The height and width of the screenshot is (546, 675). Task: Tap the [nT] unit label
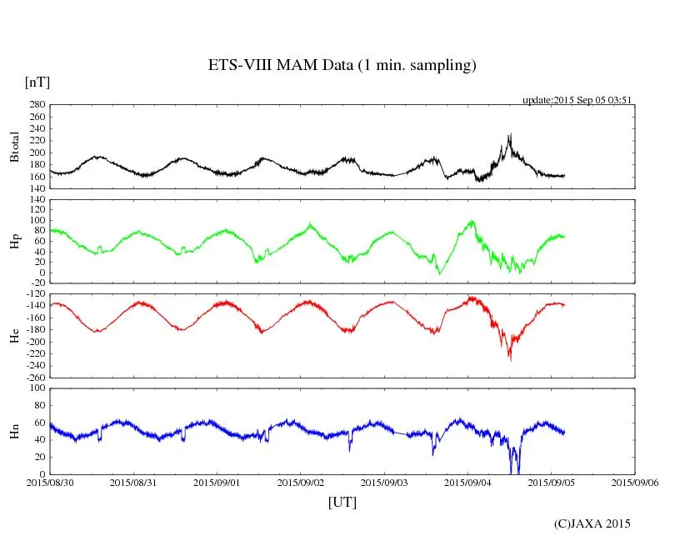point(37,83)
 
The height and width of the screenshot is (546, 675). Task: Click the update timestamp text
point(577,100)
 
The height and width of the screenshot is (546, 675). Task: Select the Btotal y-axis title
point(14,146)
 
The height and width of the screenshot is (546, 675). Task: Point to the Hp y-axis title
point(14,242)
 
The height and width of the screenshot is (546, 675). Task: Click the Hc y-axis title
point(14,335)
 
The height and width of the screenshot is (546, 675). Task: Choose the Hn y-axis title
point(14,430)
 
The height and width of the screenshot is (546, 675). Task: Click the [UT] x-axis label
point(342,502)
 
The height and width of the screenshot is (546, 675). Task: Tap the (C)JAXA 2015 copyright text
point(592,523)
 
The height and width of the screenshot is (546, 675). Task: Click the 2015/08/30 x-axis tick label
point(50,482)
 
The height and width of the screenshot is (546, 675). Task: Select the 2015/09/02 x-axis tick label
point(301,482)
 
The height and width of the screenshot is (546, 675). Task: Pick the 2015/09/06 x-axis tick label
point(635,482)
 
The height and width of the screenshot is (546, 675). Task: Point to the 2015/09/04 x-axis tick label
point(467,482)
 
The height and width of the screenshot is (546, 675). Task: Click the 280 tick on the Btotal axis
point(37,105)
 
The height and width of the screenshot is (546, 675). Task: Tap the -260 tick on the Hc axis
point(33,377)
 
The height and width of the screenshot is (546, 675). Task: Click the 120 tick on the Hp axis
point(37,200)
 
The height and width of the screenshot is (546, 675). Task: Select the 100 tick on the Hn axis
point(37,388)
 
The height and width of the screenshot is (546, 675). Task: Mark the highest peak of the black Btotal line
point(510,134)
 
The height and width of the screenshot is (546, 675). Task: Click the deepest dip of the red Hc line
point(510,359)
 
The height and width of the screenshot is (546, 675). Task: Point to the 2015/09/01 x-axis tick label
point(217,482)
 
